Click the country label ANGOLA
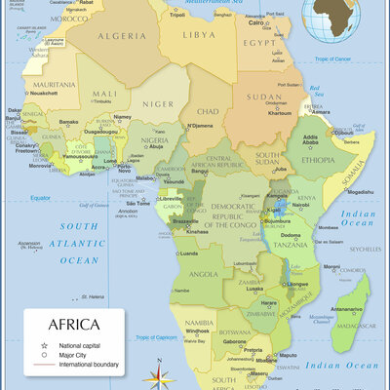pyautogui.click(x=202, y=274)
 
